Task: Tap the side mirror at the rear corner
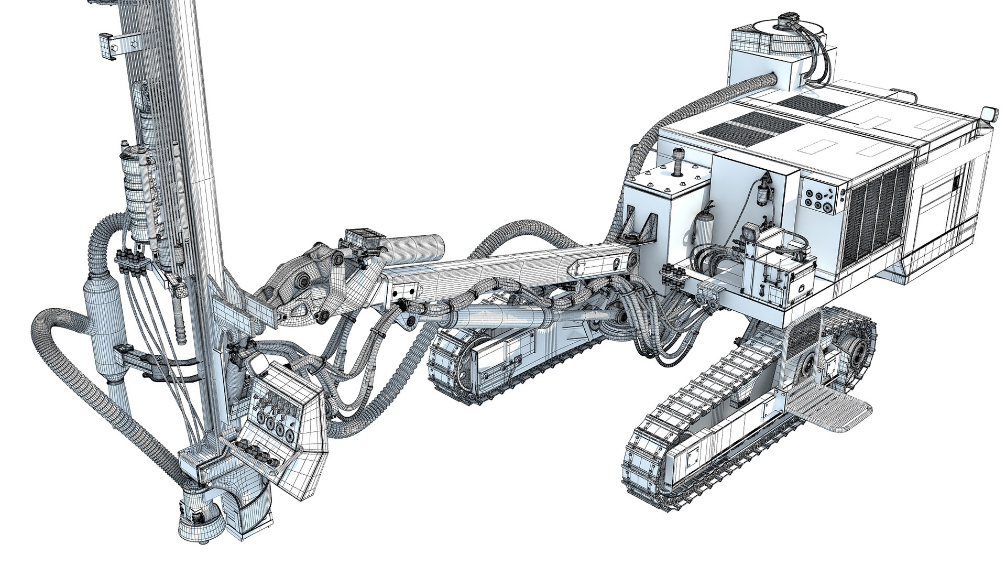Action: click(988, 114)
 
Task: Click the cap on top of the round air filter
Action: click(785, 24)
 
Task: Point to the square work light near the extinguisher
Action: click(750, 230)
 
